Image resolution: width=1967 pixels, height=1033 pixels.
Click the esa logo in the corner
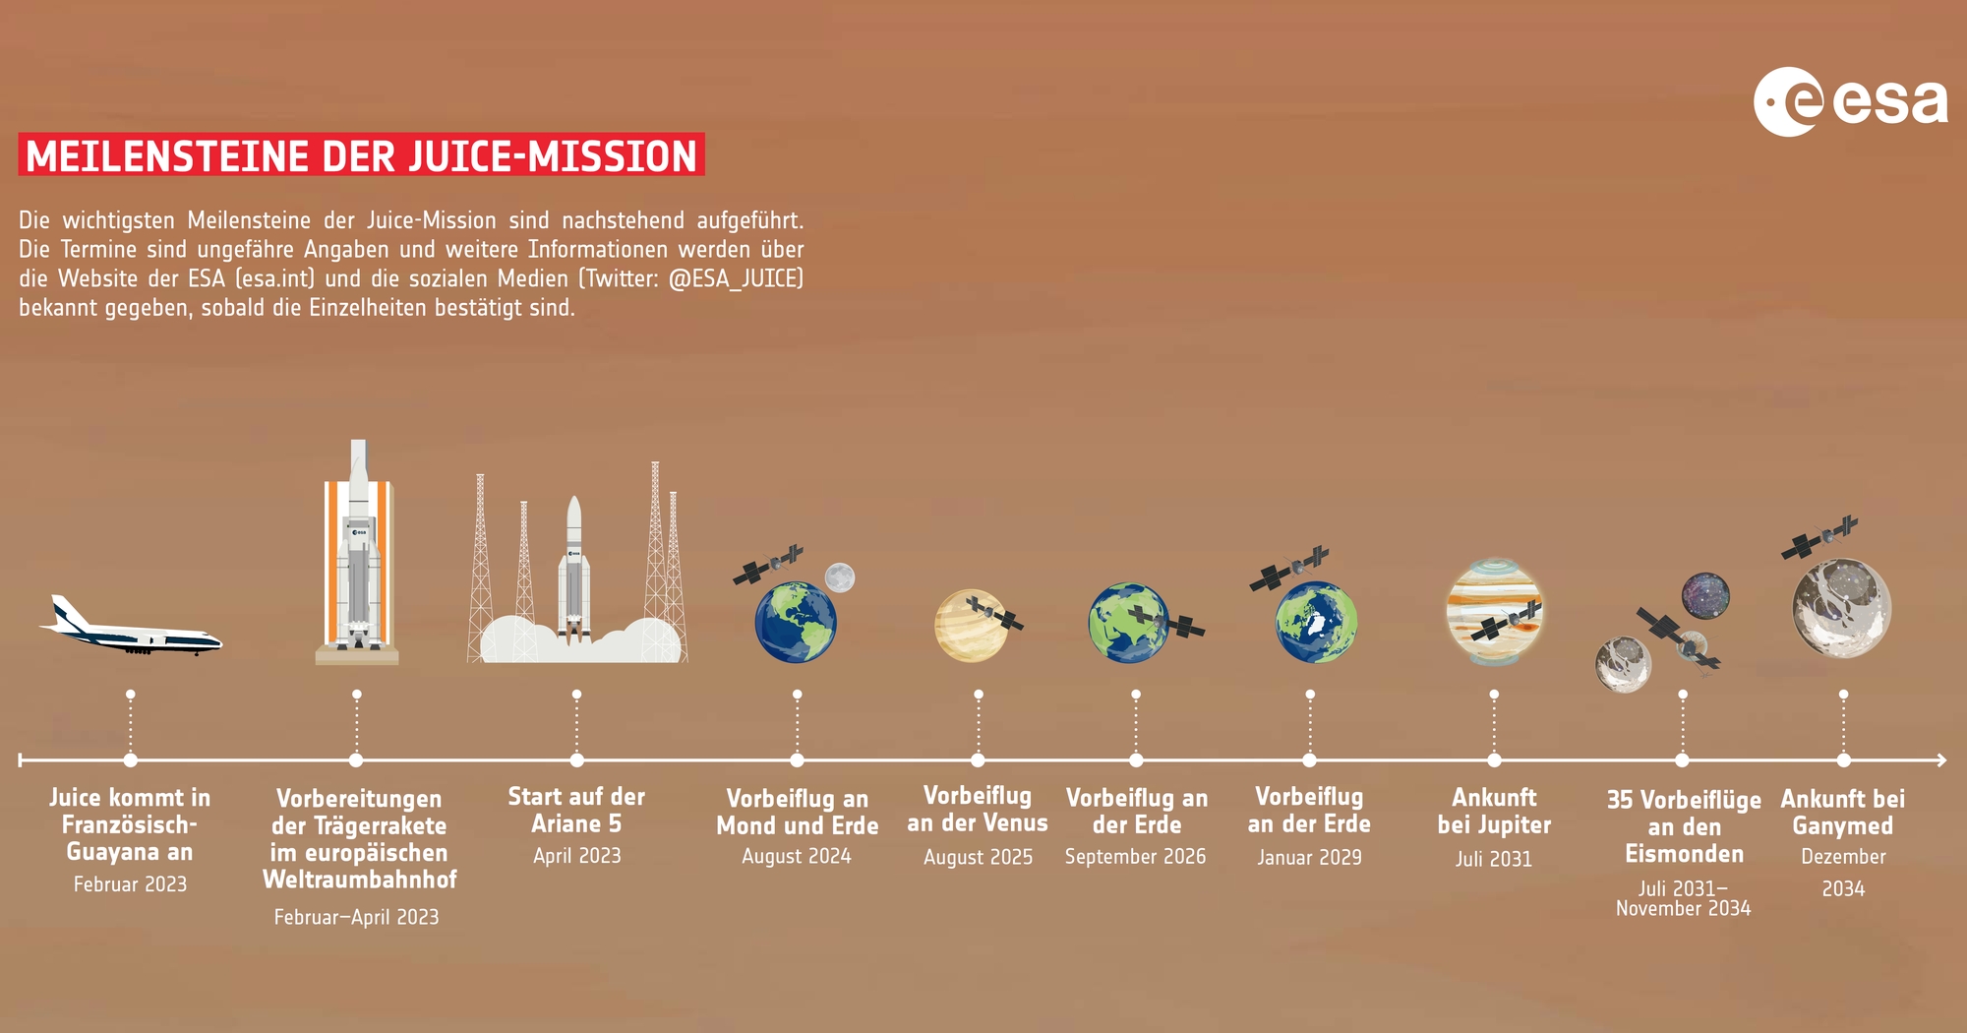click(1850, 101)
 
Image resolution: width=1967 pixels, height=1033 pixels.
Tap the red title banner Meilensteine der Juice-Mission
click(361, 155)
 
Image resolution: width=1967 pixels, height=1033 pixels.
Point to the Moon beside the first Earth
click(839, 577)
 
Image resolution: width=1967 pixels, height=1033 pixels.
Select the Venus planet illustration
click(971, 626)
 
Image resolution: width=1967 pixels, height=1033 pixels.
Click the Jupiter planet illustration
click(1494, 612)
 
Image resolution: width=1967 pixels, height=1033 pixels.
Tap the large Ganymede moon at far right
click(1841, 608)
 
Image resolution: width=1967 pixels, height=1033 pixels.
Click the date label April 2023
click(577, 856)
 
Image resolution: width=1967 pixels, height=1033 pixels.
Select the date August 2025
click(978, 858)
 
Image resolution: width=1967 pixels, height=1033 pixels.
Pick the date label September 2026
click(1135, 857)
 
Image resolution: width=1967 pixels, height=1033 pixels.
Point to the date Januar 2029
click(1309, 858)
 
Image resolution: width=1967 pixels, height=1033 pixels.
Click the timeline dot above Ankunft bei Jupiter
click(1494, 760)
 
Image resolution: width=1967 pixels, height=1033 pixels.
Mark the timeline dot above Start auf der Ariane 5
click(576, 760)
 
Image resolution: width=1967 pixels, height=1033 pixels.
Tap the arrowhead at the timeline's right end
click(1940, 760)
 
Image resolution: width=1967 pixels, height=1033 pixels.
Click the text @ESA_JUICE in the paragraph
click(736, 278)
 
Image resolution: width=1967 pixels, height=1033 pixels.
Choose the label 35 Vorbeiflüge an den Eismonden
click(1684, 827)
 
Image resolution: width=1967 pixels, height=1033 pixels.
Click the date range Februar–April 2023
click(356, 917)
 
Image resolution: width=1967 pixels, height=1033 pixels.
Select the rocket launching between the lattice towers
click(574, 571)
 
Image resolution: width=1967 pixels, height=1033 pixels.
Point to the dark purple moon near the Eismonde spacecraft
click(1705, 596)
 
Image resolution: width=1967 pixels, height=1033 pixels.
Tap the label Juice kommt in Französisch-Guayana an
click(130, 824)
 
